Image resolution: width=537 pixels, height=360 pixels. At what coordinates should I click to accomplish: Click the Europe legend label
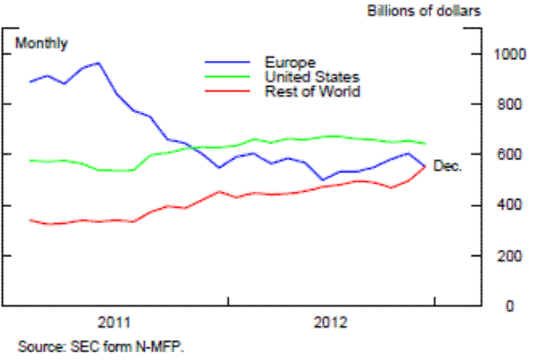pyautogui.click(x=289, y=62)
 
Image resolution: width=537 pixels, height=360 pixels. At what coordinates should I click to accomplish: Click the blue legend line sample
pyautogui.click(x=230, y=62)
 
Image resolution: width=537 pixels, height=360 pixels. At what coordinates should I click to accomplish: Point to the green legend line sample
pyautogui.click(x=230, y=76)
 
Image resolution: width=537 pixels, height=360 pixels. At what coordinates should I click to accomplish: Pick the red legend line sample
pyautogui.click(x=230, y=90)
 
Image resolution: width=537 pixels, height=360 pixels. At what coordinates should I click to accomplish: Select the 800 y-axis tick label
pyautogui.click(x=507, y=104)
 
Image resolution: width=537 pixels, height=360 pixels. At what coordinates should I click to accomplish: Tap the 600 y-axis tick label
pyautogui.click(x=507, y=155)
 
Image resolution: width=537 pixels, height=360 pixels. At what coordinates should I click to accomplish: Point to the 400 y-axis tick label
pyautogui.click(x=507, y=205)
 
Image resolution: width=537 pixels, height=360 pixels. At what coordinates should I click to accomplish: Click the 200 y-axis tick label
pyautogui.click(x=507, y=256)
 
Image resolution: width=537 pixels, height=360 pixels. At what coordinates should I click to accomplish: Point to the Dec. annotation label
pyautogui.click(x=447, y=166)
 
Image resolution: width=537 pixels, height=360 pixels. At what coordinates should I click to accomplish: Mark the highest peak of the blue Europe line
pyautogui.click(x=98, y=63)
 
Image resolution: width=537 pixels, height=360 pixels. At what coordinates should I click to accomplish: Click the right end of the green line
pyautogui.click(x=425, y=143)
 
